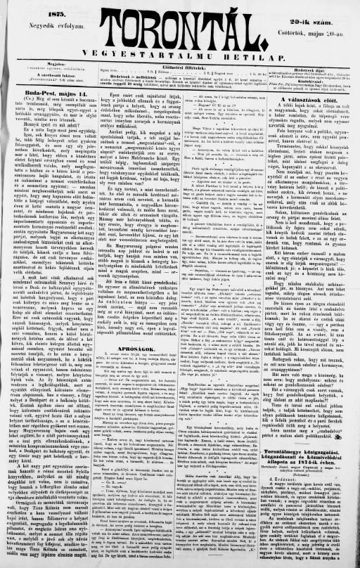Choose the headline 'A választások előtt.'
click(311, 101)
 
